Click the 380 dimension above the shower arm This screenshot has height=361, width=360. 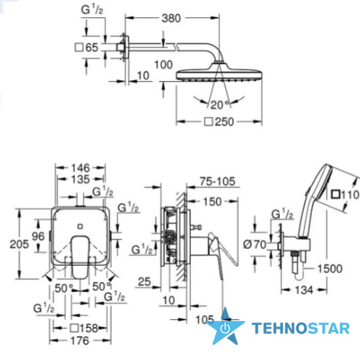[171, 18]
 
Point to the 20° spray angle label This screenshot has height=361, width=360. [220, 105]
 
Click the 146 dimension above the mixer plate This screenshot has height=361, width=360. [81, 168]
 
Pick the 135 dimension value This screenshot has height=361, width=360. [81, 179]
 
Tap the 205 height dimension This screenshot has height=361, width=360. [19, 245]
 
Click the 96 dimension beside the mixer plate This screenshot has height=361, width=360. [39, 237]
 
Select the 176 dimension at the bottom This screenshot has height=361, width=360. [80, 341]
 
